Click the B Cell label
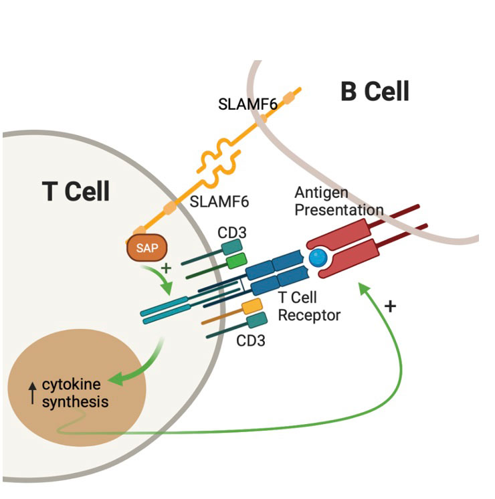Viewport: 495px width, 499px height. tap(375, 91)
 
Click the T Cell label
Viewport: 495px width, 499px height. tap(76, 191)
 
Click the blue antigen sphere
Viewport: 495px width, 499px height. tap(318, 258)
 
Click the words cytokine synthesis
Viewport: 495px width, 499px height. tap(76, 393)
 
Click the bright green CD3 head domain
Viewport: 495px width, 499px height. tap(236, 262)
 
